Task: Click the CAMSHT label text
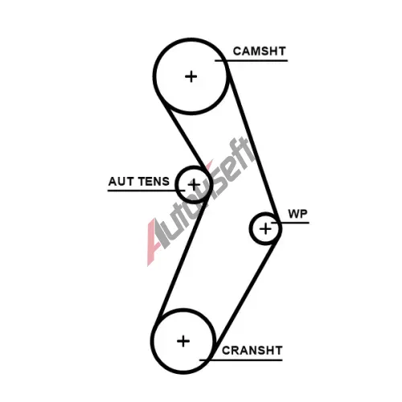click(259, 51)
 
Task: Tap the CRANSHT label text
click(252, 351)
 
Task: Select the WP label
click(297, 214)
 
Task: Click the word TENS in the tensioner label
click(154, 182)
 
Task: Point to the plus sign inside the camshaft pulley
click(191, 76)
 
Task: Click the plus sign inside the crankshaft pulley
click(183, 341)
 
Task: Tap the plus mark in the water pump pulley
click(265, 229)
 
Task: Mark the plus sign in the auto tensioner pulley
click(194, 185)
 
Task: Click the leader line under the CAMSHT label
click(251, 61)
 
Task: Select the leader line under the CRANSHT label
click(241, 360)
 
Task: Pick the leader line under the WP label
click(290, 223)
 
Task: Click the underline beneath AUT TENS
click(146, 191)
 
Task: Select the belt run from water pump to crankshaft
click(247, 292)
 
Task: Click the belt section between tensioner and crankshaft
click(183, 260)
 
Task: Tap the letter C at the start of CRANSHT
click(226, 351)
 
